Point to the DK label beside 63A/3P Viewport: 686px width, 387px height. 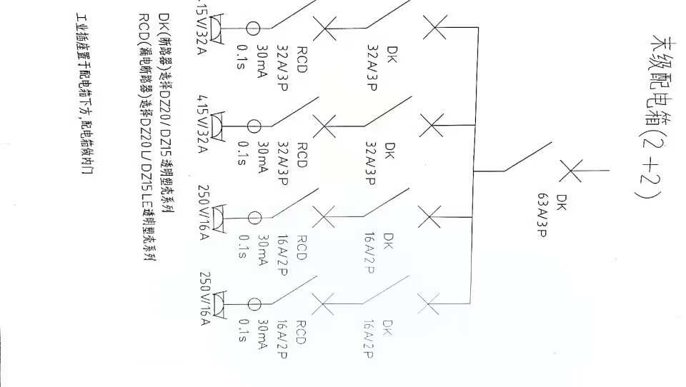point(560,201)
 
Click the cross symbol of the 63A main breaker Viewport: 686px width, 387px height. point(570,171)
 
